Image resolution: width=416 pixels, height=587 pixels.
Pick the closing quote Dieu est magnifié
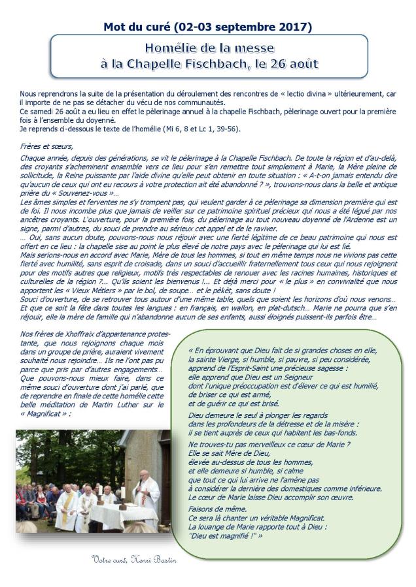(221, 535)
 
